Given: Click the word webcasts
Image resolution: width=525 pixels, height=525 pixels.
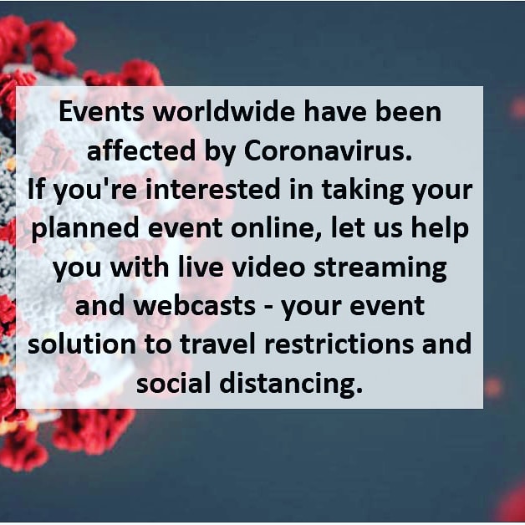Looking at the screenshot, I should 198,305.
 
